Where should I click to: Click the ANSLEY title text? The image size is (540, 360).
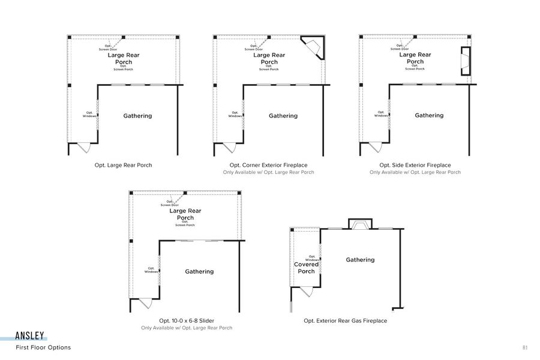coord(31,337)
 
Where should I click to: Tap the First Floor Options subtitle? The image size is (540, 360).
coord(43,347)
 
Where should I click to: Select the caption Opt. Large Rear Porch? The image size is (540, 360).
coord(124,165)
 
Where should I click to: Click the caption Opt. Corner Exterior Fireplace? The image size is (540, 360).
coord(269,165)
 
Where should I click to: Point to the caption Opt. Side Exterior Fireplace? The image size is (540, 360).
coord(415,165)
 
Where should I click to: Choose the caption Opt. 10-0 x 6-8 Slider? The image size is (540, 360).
coord(187,321)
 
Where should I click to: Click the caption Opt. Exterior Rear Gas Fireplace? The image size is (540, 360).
coord(346,321)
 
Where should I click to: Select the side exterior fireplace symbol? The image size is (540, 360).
coord(465,61)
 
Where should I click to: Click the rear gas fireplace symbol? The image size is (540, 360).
coord(360,224)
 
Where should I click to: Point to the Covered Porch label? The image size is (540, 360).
coord(306,268)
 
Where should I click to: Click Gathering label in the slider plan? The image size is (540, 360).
coord(199,272)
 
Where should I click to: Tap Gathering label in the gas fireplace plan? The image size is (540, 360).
coord(360,260)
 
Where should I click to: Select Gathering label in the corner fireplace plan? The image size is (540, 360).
coord(283,116)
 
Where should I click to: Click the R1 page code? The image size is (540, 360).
coord(525,347)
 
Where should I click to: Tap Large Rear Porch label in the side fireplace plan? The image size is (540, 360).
coord(415,58)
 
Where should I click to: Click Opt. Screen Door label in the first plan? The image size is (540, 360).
coord(108,47)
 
